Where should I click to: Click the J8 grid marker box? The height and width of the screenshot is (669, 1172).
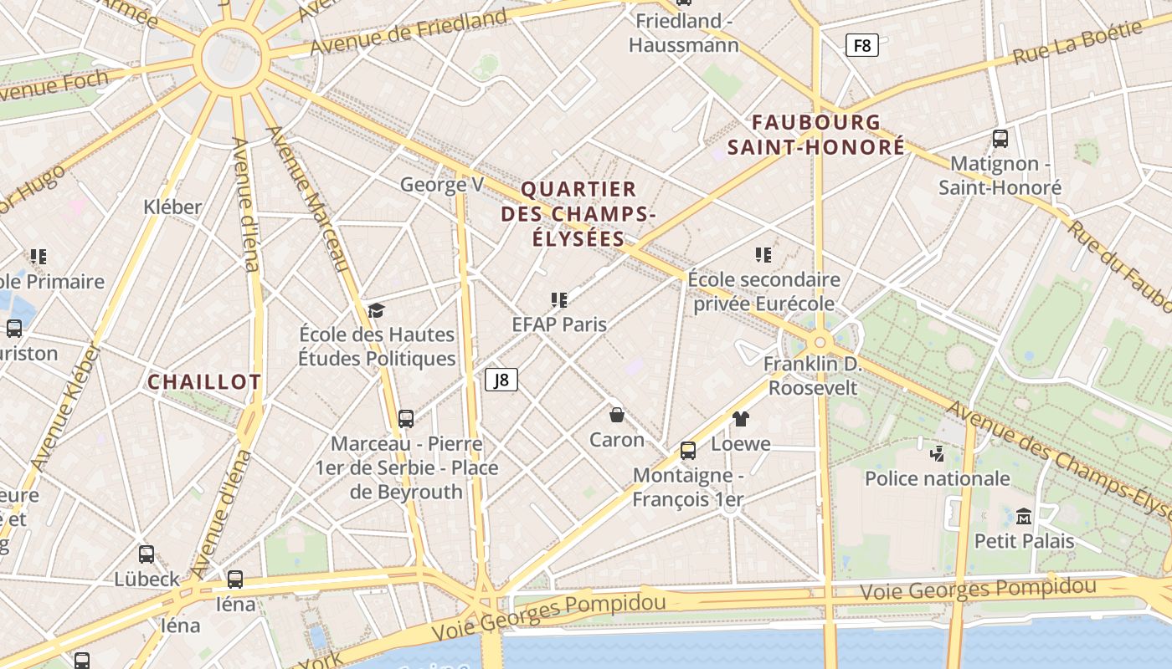point(501,380)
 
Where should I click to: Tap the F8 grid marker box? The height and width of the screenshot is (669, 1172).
point(861,45)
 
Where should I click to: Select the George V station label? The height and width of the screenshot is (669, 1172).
point(442,185)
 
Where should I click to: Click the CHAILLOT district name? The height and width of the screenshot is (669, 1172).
point(204,382)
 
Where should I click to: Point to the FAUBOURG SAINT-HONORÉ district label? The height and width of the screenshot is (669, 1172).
point(816,135)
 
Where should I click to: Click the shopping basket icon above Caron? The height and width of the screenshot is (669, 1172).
point(617,415)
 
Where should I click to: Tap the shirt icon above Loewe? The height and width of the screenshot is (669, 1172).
point(741,419)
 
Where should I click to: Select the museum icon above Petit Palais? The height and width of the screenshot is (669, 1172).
point(1024,516)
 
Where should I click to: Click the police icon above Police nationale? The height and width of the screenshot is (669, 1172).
point(938,454)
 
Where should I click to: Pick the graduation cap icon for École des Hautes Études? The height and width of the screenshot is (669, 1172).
point(376,311)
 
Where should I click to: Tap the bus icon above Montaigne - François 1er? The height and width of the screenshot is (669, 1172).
point(688,451)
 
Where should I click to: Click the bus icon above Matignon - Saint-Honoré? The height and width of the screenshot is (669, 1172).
point(1000,139)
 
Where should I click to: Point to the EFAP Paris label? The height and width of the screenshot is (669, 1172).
point(559,324)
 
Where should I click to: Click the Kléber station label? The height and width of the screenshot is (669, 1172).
point(172,207)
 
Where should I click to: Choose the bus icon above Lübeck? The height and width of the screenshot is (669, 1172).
point(146,554)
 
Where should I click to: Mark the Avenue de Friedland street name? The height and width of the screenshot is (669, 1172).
point(409,32)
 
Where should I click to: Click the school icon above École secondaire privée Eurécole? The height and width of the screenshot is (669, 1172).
point(763,255)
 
